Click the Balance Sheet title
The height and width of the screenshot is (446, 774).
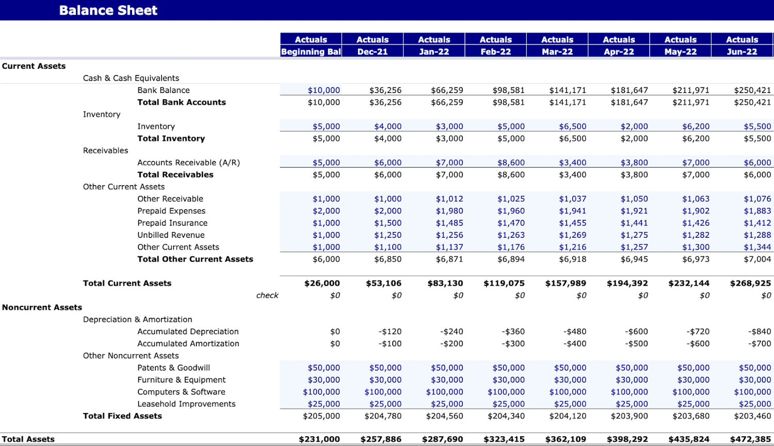click(108, 10)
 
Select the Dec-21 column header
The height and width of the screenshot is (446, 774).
click(372, 52)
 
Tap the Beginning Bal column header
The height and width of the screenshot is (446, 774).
click(311, 52)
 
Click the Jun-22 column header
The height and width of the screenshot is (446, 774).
click(741, 52)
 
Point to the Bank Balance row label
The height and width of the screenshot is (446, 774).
click(163, 90)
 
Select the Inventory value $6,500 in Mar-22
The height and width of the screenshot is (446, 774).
click(572, 127)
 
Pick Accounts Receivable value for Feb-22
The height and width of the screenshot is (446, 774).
click(511, 163)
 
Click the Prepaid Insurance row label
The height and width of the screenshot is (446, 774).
click(172, 223)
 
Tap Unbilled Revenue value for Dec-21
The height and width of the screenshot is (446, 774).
click(388, 235)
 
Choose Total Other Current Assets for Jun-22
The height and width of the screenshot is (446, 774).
click(757, 259)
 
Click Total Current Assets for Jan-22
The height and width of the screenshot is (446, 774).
click(445, 283)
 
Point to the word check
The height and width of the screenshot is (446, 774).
click(267, 296)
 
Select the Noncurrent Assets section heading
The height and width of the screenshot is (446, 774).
click(42, 307)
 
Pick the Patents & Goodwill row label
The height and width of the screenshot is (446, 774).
click(173, 368)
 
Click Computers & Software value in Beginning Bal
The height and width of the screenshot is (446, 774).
click(321, 392)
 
